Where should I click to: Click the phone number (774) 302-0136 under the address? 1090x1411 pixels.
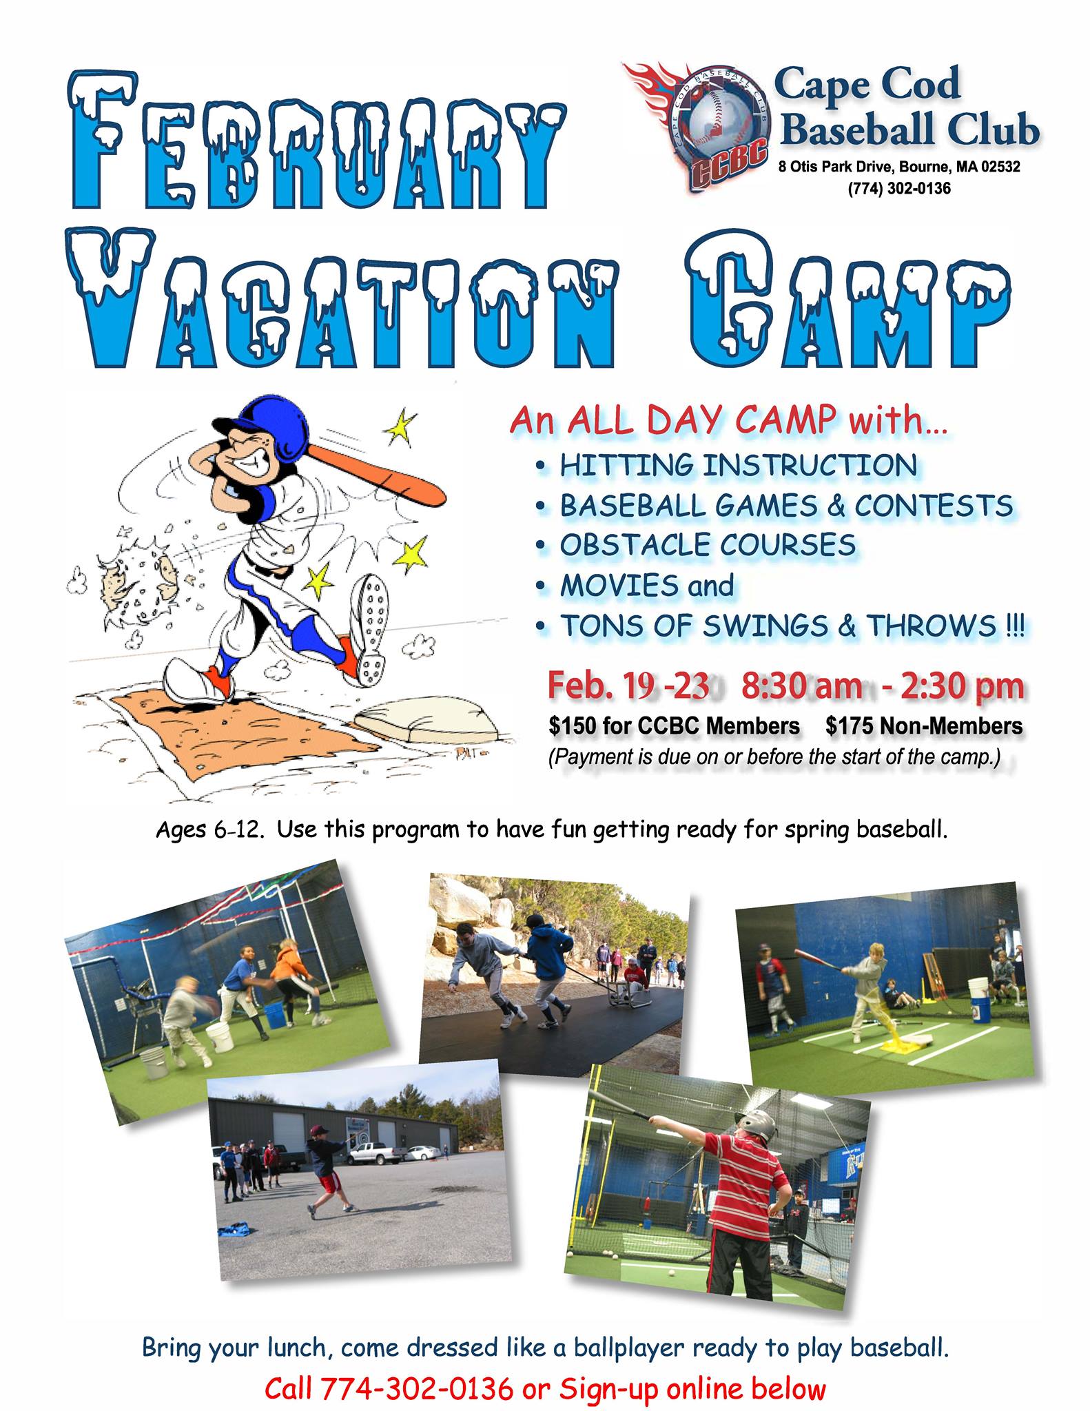click(899, 188)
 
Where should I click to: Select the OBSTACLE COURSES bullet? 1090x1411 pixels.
click(708, 546)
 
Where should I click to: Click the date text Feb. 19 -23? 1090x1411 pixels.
click(628, 686)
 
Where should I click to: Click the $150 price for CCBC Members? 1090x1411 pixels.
click(674, 725)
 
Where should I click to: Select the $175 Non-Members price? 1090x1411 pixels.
click(924, 725)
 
